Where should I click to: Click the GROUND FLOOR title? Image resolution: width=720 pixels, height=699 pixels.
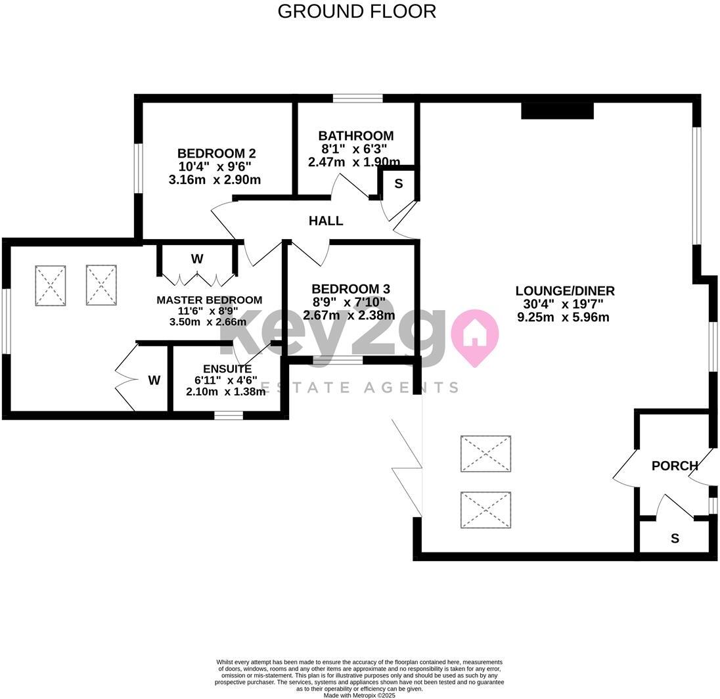(357, 11)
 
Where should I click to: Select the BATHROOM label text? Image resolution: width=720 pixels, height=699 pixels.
(355, 136)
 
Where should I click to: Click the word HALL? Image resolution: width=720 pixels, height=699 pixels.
(326, 221)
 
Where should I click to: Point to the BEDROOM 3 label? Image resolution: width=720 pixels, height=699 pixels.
(350, 289)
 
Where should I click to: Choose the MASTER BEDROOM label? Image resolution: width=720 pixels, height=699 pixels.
(209, 300)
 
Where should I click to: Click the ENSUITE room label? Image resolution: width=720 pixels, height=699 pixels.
(227, 369)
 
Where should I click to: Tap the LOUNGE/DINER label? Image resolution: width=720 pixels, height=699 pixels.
(564, 291)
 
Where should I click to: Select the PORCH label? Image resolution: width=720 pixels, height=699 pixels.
(674, 466)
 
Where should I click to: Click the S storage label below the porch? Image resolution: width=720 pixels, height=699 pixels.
(675, 539)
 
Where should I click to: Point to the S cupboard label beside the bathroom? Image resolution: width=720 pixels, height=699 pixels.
(398, 184)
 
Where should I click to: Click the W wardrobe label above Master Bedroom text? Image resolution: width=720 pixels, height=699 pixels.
(197, 259)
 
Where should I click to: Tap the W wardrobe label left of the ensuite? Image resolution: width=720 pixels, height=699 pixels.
(154, 380)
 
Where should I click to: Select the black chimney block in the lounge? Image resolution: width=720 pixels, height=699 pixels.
(557, 110)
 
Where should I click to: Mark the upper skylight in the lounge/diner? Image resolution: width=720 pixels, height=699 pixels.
(485, 453)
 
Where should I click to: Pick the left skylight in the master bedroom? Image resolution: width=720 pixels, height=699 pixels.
(51, 285)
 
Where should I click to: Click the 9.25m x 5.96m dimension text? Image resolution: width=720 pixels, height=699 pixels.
(564, 317)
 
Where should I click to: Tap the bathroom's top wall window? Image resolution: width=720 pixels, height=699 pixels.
(357, 99)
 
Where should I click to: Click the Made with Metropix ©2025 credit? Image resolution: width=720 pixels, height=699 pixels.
(359, 694)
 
